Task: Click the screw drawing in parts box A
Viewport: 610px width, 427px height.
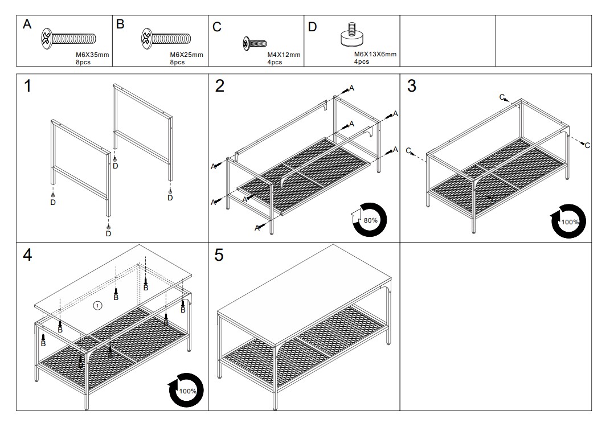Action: (x=68, y=39)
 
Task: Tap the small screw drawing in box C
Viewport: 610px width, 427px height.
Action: (x=255, y=43)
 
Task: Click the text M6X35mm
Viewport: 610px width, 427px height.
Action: (x=92, y=55)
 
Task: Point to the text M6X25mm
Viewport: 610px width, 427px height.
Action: (x=187, y=55)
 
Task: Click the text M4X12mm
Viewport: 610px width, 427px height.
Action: (x=284, y=55)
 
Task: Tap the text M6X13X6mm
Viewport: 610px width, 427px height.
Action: (x=375, y=54)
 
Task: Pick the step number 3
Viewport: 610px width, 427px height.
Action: (x=412, y=87)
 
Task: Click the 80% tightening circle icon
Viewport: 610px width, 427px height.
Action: (x=370, y=219)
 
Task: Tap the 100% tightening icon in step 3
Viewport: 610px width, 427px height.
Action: (x=568, y=221)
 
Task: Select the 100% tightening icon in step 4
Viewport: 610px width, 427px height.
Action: (x=186, y=391)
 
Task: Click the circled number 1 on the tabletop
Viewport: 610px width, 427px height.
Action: (x=97, y=306)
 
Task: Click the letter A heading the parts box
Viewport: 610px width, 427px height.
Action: (x=27, y=25)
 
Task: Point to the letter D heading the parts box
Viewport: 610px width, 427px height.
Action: (x=312, y=27)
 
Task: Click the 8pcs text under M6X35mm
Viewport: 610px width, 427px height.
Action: (x=83, y=62)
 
